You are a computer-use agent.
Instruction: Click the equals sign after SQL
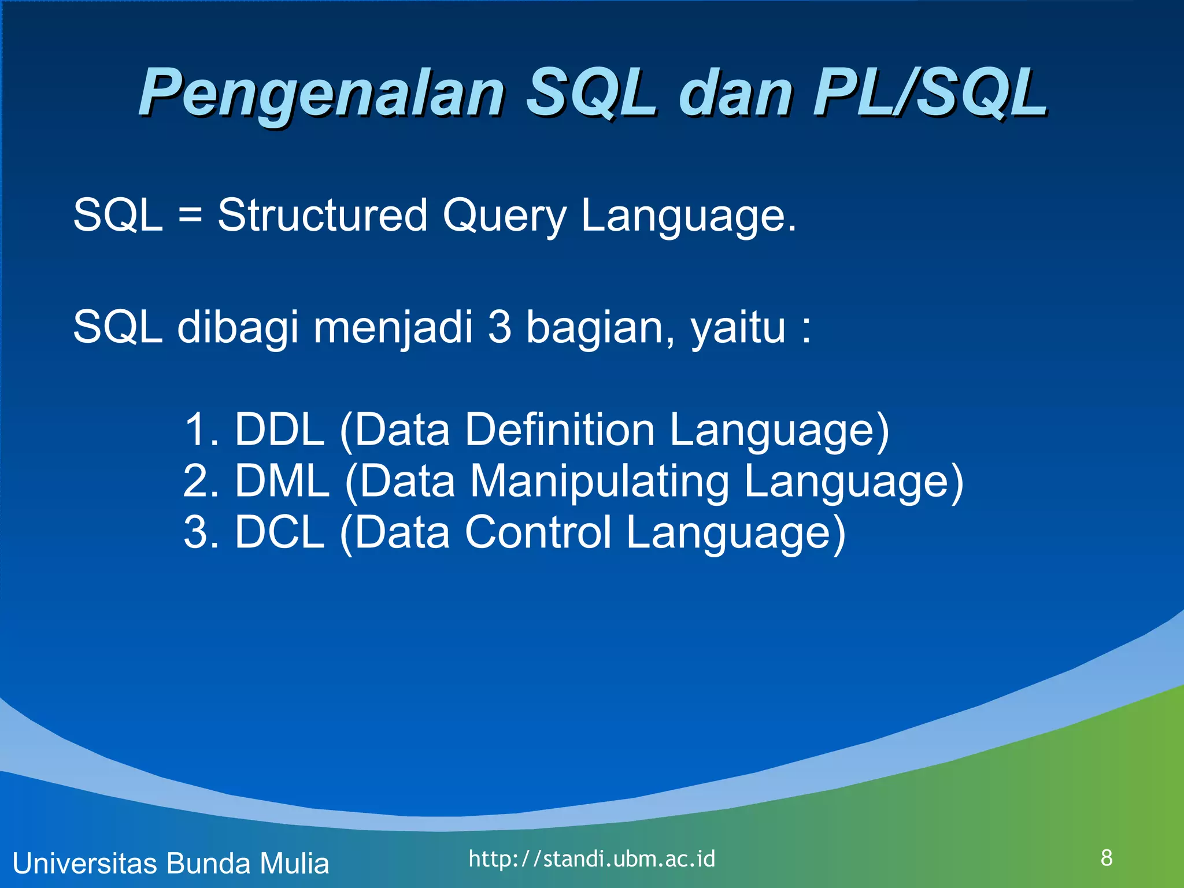[190, 215]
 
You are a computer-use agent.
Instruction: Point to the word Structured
[322, 215]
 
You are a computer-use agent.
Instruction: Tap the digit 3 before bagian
[499, 327]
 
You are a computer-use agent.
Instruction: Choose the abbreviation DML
[282, 481]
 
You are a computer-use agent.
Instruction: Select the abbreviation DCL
[279, 532]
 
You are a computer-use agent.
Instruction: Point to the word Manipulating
[600, 482]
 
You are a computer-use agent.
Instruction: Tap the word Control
[538, 532]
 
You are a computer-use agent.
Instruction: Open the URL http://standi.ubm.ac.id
[591, 859]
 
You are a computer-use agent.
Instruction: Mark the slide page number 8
[1107, 858]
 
